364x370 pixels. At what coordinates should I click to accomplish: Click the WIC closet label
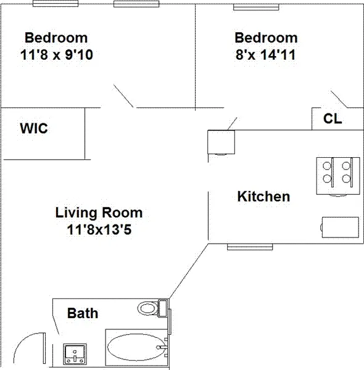coord(34,129)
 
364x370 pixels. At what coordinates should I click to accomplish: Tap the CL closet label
coord(333,119)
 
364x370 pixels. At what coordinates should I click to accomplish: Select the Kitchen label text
coord(263,197)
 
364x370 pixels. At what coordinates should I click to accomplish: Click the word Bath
coord(83,313)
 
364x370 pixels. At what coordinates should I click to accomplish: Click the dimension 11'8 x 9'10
coord(56,54)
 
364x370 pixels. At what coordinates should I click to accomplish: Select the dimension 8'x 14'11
coord(266,54)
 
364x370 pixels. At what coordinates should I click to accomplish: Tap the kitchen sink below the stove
coord(340,226)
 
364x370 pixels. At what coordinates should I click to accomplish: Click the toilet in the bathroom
coord(149,307)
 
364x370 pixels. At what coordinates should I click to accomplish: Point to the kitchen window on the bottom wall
coord(249,247)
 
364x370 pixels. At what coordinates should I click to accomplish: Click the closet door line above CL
coord(340,99)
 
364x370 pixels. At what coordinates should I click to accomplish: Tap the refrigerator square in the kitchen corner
coord(221,142)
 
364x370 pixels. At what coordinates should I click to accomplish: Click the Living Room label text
coord(99,213)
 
